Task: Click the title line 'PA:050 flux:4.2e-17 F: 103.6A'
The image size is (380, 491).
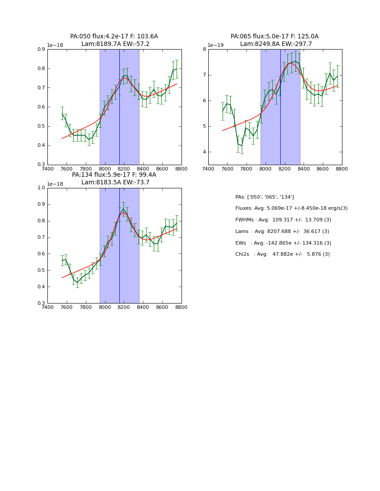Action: pyautogui.click(x=114, y=37)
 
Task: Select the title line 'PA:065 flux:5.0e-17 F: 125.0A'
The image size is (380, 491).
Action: pyautogui.click(x=274, y=37)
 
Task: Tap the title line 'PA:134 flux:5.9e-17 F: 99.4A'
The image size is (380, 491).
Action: pyautogui.click(x=114, y=175)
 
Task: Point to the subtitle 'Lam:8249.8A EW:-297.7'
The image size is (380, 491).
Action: pyautogui.click(x=276, y=44)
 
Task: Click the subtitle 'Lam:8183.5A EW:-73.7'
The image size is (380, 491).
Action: pyautogui.click(x=115, y=183)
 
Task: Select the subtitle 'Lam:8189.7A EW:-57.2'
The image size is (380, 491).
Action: pyautogui.click(x=115, y=44)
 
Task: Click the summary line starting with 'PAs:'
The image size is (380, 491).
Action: pyautogui.click(x=265, y=197)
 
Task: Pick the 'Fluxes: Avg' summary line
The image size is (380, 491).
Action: pyautogui.click(x=291, y=208)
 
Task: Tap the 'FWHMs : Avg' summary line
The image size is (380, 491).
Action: pyautogui.click(x=283, y=220)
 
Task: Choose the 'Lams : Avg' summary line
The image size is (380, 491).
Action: pyautogui.click(x=282, y=232)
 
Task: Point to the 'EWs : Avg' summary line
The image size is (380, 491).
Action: pyautogui.click(x=283, y=243)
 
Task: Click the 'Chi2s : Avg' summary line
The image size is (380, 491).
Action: pyautogui.click(x=283, y=254)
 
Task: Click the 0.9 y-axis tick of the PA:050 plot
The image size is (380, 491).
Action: pyautogui.click(x=41, y=50)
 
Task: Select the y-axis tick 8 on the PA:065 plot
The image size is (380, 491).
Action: pyautogui.click(x=204, y=50)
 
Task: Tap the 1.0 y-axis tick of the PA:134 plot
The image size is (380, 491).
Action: pyautogui.click(x=41, y=188)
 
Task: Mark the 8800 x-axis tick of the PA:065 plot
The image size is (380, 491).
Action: pyautogui.click(x=342, y=169)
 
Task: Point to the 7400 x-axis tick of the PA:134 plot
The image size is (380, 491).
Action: pyautogui.click(x=48, y=307)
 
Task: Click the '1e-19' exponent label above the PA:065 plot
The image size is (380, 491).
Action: pyautogui.click(x=215, y=45)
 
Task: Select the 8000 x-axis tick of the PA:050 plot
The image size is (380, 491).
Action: pyautogui.click(x=105, y=169)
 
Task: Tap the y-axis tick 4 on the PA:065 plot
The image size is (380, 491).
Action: pyautogui.click(x=204, y=152)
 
